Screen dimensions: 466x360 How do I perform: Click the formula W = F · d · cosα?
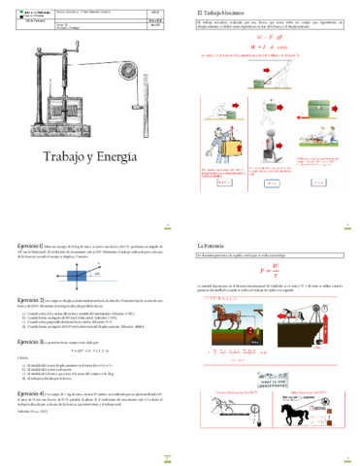[x=270, y=46]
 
